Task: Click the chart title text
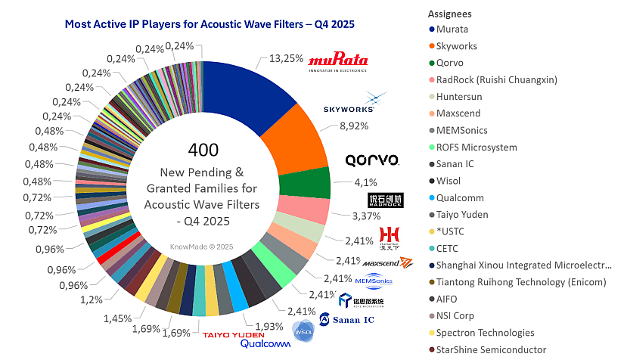click(210, 24)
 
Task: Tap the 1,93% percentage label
click(269, 325)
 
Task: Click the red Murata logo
click(337, 61)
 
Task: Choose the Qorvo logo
click(371, 160)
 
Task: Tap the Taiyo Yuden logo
click(232, 334)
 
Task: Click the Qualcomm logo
click(265, 344)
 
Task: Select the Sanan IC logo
click(347, 320)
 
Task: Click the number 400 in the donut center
click(203, 149)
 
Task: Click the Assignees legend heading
click(449, 14)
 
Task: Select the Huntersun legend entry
click(458, 97)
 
